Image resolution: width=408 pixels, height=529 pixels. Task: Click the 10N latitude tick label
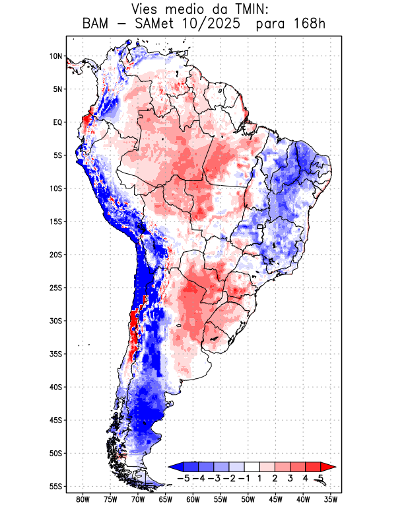coord(55,56)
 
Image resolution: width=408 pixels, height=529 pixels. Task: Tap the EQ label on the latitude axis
coord(57,122)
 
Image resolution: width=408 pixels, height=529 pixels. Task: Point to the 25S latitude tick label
coord(55,288)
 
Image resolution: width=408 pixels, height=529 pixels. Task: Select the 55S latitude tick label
coord(55,486)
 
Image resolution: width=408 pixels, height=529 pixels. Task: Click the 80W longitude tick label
coord(83,499)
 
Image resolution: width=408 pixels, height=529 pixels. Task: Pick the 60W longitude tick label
coord(193,499)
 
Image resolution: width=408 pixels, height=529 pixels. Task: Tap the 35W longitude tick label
coord(330,499)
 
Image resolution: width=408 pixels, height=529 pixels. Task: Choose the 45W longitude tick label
coord(275,499)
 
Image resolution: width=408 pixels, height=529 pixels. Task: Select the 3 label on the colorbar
coord(290,478)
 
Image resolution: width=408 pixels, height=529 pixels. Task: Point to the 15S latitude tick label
coord(55,222)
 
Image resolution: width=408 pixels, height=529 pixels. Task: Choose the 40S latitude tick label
coord(55,387)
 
